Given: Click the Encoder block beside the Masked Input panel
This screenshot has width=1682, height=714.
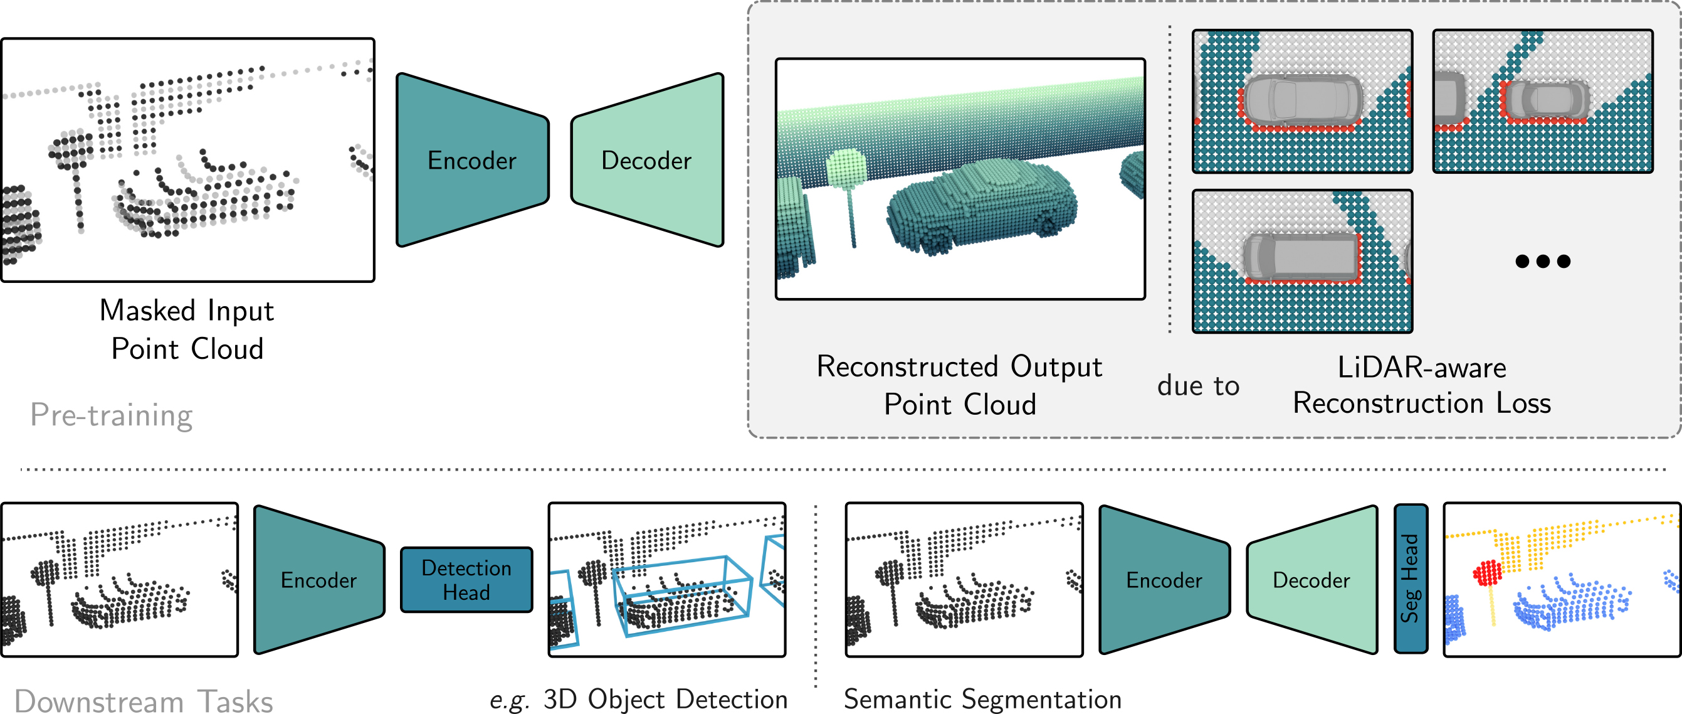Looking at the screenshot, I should pos(472,160).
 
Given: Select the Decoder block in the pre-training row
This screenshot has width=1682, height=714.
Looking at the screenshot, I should pos(646,160).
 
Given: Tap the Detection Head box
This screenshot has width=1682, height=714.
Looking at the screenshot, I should pos(466,580).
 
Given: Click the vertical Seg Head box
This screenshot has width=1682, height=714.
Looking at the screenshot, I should pos(1411,578).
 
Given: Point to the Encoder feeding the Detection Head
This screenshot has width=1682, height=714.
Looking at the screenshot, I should pos(318,580).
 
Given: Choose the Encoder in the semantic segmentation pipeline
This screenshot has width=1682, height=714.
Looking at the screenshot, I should pos(1164,580).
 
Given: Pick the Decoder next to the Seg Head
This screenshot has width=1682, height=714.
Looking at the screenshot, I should pos(1311,580).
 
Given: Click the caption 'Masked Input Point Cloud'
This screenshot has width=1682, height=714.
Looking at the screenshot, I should pos(187,329).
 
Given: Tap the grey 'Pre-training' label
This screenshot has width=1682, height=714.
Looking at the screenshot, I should pos(112,415).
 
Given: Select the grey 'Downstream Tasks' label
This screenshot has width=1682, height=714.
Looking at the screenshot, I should pos(144,701).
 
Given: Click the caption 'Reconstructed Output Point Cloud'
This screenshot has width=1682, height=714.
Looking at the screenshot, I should pos(960,385).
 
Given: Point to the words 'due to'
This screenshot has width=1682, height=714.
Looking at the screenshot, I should pos(1198,385).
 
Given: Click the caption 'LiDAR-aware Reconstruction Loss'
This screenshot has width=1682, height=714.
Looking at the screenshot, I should pos(1421,385).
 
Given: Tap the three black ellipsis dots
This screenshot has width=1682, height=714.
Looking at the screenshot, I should pos(1542,261).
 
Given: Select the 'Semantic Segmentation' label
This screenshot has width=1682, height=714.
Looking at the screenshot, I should pos(982,699).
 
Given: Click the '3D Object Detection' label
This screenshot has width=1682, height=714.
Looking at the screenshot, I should pos(665,699).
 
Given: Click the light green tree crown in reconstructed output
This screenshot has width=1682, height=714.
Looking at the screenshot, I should pos(846,169).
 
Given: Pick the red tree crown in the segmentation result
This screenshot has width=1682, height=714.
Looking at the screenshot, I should pos(1488,573).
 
